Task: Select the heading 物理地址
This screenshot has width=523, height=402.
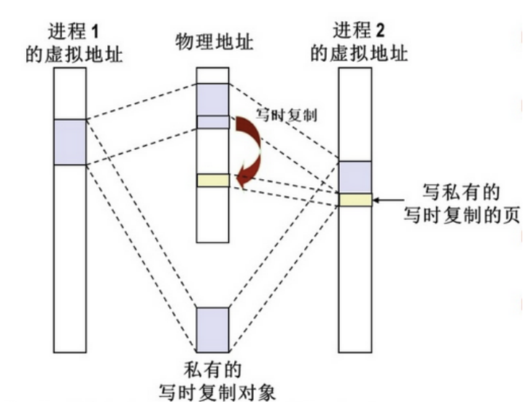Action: (214, 41)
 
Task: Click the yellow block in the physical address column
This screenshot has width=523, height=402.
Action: (214, 180)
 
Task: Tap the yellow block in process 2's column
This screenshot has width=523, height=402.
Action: (356, 200)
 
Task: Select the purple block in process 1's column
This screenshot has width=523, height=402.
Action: (70, 142)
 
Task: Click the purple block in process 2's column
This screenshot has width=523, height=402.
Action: (356, 177)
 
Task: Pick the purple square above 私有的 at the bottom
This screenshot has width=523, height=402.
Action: (214, 329)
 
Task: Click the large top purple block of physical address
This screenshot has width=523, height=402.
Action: (214, 99)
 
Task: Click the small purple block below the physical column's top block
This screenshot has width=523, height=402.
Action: (214, 122)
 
